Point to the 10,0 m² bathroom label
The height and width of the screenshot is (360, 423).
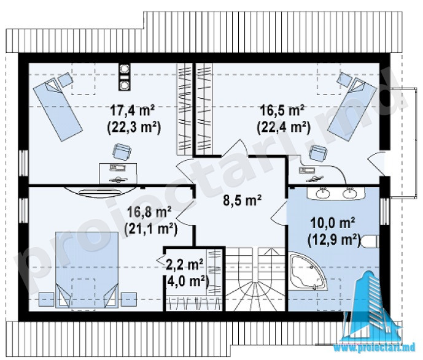coord(332,223)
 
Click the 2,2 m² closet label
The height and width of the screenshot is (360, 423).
coord(185,265)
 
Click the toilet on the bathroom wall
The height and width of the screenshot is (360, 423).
coord(370,241)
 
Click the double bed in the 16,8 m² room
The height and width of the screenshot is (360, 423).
coord(87,269)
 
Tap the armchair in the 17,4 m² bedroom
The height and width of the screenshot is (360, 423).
coord(122,151)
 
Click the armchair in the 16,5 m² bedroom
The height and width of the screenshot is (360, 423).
coord(318,153)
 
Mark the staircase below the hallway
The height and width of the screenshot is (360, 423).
coord(255,279)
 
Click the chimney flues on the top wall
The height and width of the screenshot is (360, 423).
coord(125,77)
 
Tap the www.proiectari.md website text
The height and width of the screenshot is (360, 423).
coord(376,347)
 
